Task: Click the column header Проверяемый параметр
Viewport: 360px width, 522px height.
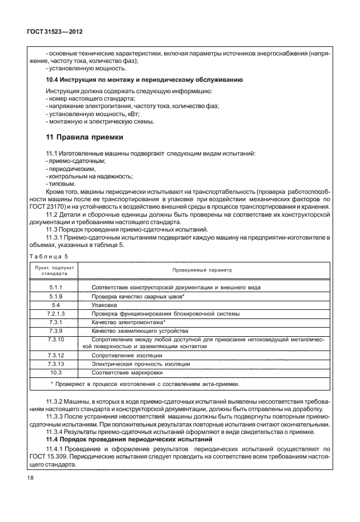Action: coord(203,270)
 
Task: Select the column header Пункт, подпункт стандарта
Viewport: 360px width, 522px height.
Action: coord(55,270)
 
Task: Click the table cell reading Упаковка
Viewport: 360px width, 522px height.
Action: coord(103,306)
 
